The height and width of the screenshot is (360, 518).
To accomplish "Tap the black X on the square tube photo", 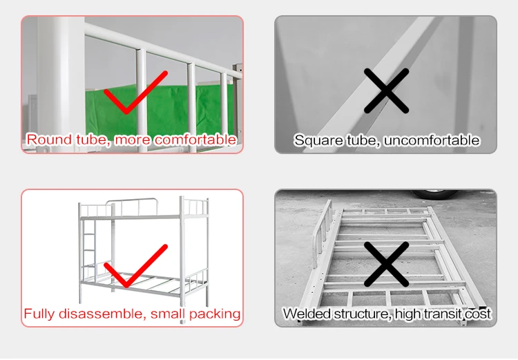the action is tap(386, 91).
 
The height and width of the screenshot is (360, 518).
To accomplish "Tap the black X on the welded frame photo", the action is tap(386, 264).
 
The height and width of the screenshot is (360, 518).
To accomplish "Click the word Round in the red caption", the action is tap(50, 140).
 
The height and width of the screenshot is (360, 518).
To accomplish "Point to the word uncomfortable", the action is tap(432, 140).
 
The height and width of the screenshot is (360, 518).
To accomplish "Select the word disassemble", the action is tap(102, 314).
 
